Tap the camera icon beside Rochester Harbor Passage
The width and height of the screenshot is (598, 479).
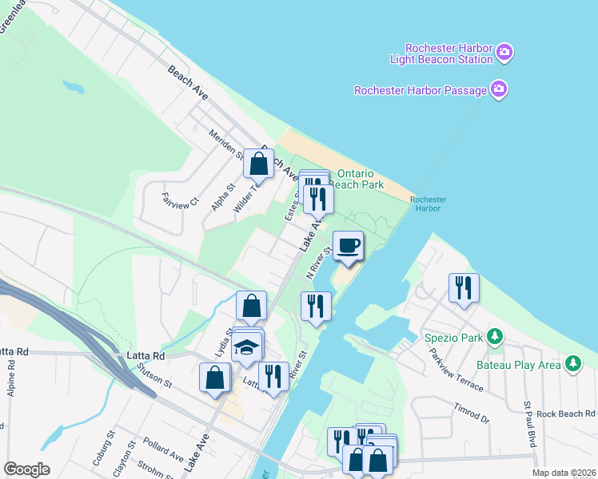[499, 89]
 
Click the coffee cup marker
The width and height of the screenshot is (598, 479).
[348, 245]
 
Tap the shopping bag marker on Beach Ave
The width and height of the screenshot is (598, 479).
[260, 164]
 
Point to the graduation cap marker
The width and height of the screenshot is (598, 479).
[248, 348]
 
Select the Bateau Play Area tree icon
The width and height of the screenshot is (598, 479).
[572, 364]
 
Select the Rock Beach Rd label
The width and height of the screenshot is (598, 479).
[566, 414]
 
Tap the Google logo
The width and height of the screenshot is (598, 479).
[27, 469]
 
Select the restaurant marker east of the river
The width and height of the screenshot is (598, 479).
[464, 288]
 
